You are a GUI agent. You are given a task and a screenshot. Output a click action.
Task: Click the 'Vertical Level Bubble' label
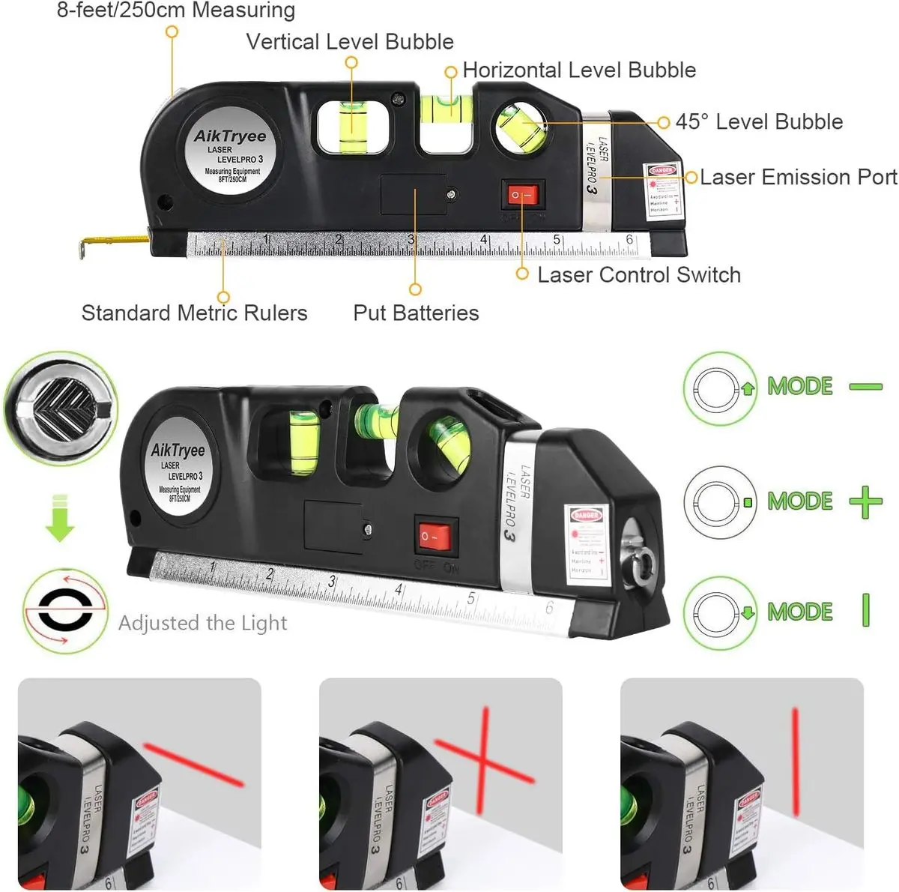[350, 41]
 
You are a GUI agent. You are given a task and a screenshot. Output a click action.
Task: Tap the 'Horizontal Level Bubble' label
[579, 70]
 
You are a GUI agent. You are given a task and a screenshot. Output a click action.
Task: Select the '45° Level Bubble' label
[759, 121]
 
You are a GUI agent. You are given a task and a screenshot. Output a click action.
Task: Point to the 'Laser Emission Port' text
[798, 177]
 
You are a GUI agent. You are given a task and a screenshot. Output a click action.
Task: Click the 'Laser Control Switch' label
[638, 275]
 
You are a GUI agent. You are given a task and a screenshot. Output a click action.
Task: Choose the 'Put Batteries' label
[416, 313]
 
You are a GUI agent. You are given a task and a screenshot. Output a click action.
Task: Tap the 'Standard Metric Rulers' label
[194, 313]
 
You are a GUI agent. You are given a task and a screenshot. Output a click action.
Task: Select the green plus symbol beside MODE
[865, 501]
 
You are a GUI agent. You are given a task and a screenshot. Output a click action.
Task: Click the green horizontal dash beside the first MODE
[865, 387]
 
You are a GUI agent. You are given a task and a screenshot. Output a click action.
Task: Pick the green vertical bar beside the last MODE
[866, 610]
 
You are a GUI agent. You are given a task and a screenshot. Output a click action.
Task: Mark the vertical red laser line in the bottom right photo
[795, 761]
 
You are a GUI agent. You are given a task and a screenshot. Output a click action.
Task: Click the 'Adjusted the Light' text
[202, 623]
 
